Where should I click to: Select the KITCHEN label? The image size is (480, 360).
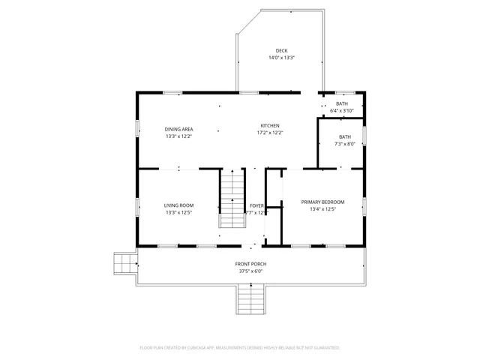click(270, 125)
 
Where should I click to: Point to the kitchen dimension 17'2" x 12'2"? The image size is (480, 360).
click(270, 133)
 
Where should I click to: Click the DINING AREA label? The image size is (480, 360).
click(179, 129)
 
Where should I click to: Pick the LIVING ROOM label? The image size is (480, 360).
click(179, 205)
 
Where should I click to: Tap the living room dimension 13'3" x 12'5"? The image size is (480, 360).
click(179, 212)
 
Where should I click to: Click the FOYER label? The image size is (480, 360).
click(256, 205)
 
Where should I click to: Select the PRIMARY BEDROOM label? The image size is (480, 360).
click(322, 202)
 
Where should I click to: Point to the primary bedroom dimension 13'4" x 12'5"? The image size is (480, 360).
click(322, 209)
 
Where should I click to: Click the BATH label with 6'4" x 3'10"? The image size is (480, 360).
click(341, 103)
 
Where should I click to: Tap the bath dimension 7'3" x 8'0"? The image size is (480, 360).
click(340, 144)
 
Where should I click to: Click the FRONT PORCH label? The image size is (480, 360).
click(250, 264)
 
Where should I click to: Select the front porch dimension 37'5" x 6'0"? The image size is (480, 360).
click(250, 271)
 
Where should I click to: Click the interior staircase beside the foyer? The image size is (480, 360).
click(232, 199)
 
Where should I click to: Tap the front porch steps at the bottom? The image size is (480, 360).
click(250, 301)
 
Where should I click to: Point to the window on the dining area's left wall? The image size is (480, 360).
click(136, 128)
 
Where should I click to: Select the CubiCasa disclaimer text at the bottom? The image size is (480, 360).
click(240, 348)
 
